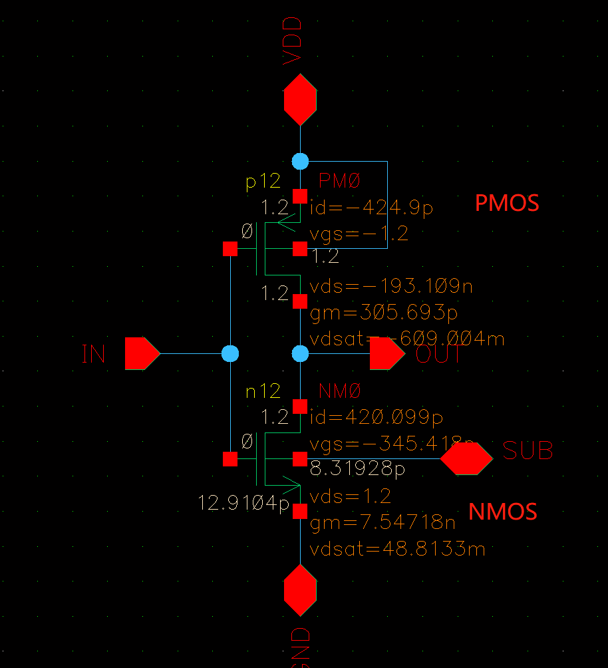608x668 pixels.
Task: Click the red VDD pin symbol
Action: click(x=300, y=100)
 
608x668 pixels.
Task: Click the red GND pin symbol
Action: click(x=300, y=590)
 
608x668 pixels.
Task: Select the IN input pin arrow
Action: click(x=141, y=353)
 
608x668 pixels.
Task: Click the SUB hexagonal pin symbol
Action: click(x=466, y=458)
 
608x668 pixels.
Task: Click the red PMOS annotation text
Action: click(x=506, y=203)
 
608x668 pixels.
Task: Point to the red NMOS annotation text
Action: click(x=502, y=512)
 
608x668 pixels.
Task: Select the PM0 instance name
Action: click(x=339, y=180)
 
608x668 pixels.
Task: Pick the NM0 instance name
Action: click(x=339, y=391)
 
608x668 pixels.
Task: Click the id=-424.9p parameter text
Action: click(x=371, y=208)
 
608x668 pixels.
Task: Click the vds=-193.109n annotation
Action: click(x=391, y=287)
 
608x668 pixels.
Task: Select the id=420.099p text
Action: click(x=377, y=417)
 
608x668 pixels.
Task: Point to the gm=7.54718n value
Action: click(x=382, y=523)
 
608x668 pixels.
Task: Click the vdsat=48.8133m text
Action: click(x=397, y=550)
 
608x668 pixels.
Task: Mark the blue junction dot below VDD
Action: click(x=300, y=161)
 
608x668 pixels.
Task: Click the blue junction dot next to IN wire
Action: click(x=230, y=353)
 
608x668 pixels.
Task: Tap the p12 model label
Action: click(x=263, y=181)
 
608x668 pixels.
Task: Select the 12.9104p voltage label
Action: click(x=243, y=504)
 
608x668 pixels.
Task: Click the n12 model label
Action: click(x=263, y=391)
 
